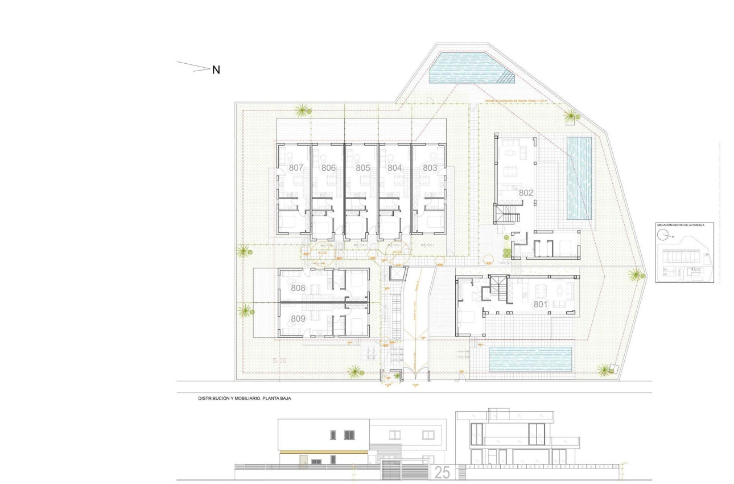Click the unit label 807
click(296, 168)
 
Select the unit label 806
click(328, 168)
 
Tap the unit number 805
click(363, 168)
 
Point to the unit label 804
click(395, 168)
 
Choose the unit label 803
click(430, 168)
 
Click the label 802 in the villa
click(526, 193)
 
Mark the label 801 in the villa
click(541, 305)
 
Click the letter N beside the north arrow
click(216, 70)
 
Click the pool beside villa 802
click(580, 178)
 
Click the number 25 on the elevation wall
click(442, 472)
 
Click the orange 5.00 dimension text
click(279, 360)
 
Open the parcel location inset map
click(681, 253)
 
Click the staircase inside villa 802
click(506, 215)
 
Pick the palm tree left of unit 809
click(245, 311)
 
